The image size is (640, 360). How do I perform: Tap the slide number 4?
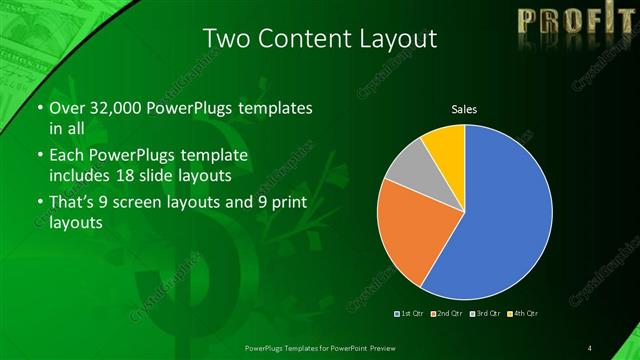point(590,347)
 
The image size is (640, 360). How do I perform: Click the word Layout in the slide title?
point(399,39)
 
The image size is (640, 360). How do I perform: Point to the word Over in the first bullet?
point(66,108)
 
